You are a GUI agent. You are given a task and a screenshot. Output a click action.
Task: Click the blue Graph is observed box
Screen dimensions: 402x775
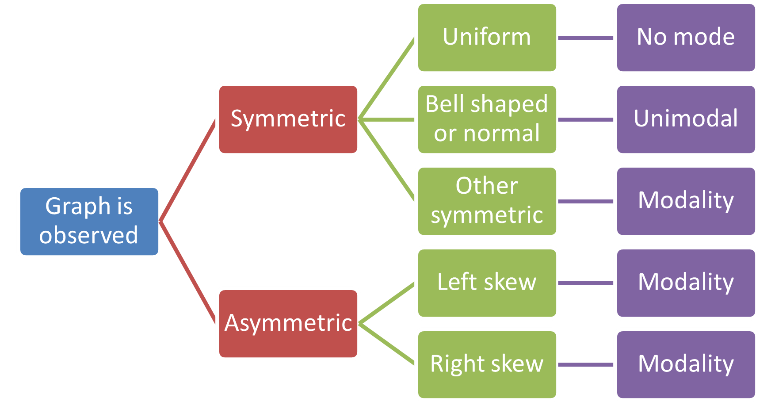click(x=89, y=221)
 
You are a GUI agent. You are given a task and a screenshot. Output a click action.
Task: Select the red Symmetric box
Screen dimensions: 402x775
click(x=288, y=119)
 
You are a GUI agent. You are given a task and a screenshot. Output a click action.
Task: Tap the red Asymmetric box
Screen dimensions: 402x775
click(x=288, y=323)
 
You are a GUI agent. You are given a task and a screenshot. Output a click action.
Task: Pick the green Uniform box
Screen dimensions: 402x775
click(x=487, y=38)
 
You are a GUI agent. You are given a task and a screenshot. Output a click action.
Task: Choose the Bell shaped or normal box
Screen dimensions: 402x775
click(x=487, y=119)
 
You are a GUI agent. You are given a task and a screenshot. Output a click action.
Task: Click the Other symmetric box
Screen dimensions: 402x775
click(x=487, y=201)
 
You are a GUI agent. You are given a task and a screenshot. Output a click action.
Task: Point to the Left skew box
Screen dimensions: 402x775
click(x=487, y=283)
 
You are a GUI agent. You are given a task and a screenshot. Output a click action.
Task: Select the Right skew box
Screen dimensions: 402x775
click(x=487, y=364)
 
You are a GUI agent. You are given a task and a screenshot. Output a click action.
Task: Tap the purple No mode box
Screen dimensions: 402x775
click(x=686, y=38)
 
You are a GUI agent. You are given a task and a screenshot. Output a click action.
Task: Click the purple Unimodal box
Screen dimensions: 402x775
click(x=686, y=119)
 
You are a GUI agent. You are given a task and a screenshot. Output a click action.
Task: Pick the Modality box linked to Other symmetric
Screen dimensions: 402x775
click(x=686, y=201)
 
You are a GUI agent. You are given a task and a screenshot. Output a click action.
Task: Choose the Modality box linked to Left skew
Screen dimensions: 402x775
click(x=686, y=283)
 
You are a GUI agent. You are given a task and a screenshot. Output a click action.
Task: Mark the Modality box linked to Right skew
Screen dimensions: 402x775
click(x=686, y=364)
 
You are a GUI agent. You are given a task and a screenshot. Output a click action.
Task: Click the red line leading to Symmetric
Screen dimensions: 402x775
click(x=188, y=170)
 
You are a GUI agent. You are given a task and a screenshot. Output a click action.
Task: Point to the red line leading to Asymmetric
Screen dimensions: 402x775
click(x=188, y=272)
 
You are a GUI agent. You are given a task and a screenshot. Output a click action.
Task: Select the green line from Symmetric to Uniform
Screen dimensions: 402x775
click(x=387, y=78)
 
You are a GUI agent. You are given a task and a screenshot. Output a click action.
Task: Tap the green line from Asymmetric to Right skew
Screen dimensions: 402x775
click(x=387, y=344)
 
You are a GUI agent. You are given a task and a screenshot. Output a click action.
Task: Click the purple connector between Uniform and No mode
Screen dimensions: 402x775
click(x=586, y=38)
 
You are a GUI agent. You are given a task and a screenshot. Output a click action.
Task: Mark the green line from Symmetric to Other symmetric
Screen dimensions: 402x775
click(x=387, y=161)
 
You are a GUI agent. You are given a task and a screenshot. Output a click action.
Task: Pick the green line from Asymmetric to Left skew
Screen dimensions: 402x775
click(x=387, y=303)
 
